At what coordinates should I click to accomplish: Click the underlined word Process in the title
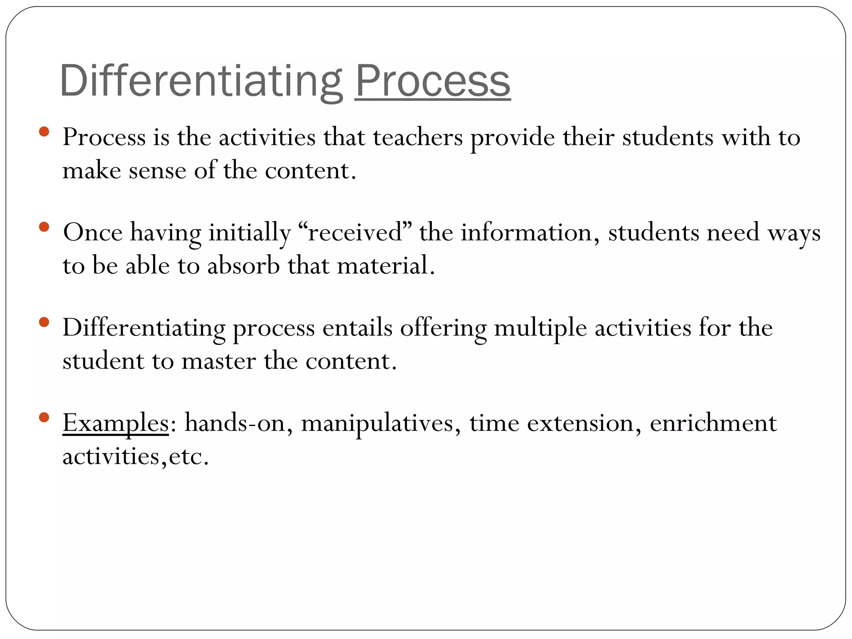432,81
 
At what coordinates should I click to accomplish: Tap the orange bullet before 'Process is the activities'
44,132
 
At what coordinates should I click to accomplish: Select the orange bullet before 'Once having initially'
44,227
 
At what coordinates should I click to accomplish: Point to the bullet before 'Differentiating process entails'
44,322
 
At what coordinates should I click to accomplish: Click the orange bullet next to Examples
44,417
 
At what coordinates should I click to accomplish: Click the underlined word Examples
116,424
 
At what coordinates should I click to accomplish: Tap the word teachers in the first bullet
418,137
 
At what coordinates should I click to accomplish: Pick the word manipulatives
377,424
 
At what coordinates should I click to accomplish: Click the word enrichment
713,424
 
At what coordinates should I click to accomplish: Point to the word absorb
243,266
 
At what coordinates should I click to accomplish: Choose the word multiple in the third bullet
540,328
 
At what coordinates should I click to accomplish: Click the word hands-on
235,424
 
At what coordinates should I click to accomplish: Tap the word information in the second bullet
526,233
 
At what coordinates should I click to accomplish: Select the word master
218,361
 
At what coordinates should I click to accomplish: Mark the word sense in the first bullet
157,171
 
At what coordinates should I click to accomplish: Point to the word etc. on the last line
188,457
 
